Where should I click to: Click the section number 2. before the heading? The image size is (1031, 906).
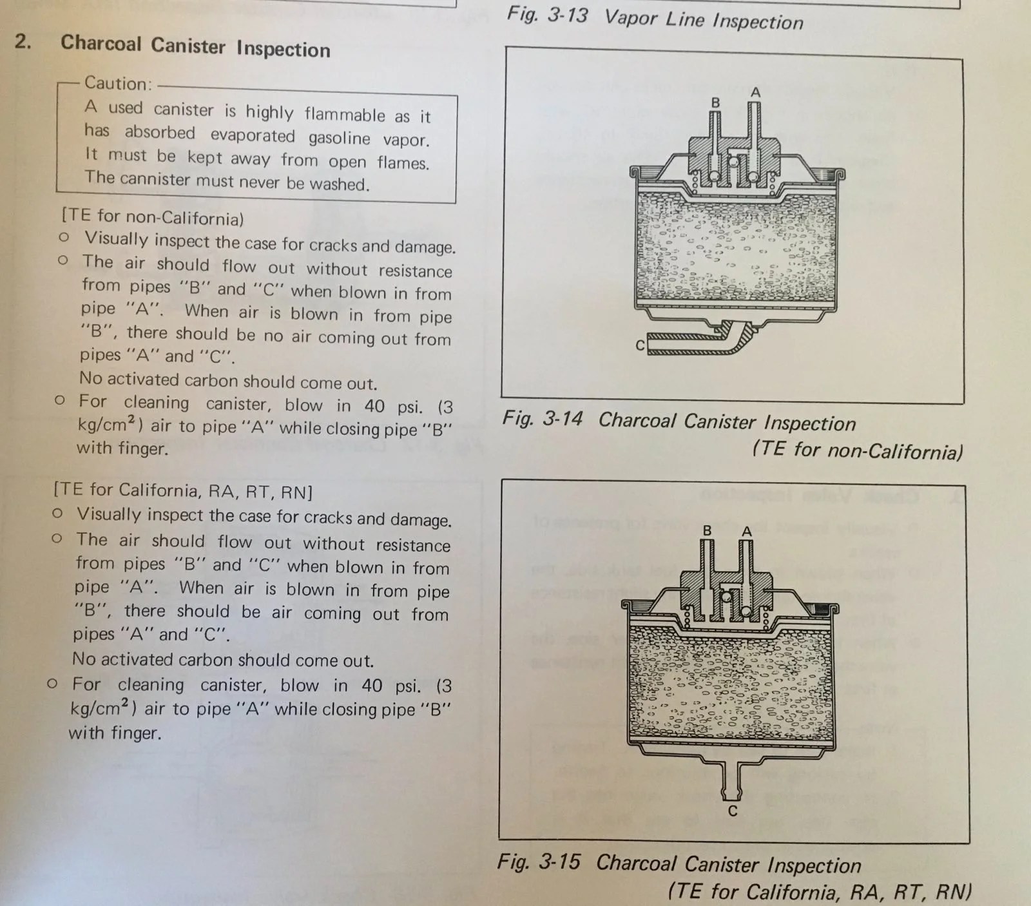[23, 41]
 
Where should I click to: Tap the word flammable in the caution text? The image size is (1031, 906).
[345, 115]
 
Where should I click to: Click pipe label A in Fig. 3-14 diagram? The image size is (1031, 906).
[756, 93]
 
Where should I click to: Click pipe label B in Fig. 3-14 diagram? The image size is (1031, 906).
[715, 102]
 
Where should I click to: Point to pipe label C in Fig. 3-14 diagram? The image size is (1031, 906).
[640, 345]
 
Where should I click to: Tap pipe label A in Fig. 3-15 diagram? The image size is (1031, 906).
[747, 532]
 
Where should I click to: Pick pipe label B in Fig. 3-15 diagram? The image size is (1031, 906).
[707, 531]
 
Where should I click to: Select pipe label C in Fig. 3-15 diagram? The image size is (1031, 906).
[732, 811]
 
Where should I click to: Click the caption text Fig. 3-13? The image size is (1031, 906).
[547, 14]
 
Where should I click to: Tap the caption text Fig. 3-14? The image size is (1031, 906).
[543, 419]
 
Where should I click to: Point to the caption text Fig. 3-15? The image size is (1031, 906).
[539, 862]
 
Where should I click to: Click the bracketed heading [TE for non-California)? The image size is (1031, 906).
[153, 217]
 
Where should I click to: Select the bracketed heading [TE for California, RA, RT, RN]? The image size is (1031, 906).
[183, 491]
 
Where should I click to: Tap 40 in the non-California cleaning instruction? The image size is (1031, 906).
[374, 406]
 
